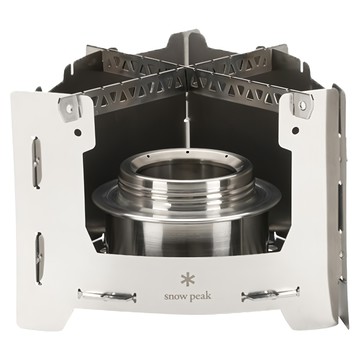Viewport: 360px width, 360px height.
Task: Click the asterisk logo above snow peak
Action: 188,279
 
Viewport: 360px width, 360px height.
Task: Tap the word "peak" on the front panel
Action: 200,296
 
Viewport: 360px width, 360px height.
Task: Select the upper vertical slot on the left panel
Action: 37,162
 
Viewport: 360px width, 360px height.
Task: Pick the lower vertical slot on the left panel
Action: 40,258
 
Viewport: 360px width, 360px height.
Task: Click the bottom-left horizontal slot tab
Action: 107,295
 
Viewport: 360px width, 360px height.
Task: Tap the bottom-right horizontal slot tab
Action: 270,294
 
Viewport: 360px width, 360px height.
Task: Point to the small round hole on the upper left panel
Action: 77,132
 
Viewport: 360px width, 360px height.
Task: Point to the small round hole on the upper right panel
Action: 295,130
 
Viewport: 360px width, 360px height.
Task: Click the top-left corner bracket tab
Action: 70,107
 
